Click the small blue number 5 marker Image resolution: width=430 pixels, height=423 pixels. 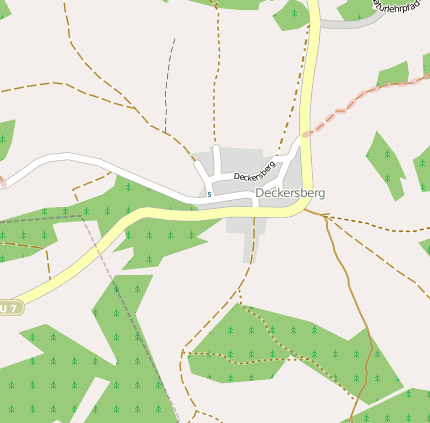[x=209, y=193]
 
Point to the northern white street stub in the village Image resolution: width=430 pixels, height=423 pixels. [x=215, y=160]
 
